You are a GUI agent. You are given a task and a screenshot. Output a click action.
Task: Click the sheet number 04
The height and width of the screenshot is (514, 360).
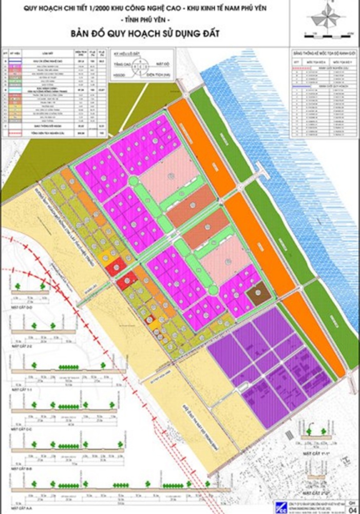coord(352,509)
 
